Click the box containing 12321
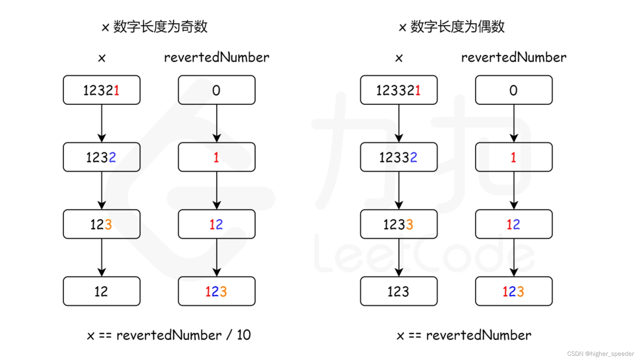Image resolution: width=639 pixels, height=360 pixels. pyautogui.click(x=102, y=90)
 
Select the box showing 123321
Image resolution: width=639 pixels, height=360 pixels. pyautogui.click(x=399, y=90)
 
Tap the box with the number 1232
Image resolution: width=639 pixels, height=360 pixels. pyautogui.click(x=102, y=157)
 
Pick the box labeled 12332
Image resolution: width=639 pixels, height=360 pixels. pyautogui.click(x=399, y=157)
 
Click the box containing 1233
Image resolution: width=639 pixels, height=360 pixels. pyautogui.click(x=399, y=224)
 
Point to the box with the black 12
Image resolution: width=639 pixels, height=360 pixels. pyautogui.click(x=102, y=291)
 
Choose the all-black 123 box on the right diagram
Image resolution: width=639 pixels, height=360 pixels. pyautogui.click(x=399, y=291)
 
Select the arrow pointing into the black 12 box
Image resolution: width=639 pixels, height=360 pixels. pyautogui.click(x=102, y=258)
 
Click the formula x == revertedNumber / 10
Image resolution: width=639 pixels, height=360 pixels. pyautogui.click(x=169, y=335)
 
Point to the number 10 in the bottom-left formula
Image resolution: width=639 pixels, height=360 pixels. pyautogui.click(x=244, y=335)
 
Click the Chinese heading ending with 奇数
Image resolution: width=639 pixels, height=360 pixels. pyautogui.click(x=154, y=26)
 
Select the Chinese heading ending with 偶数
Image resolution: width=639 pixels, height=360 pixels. pyautogui.click(x=451, y=26)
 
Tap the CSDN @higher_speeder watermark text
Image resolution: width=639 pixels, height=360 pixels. pyautogui.click(x=600, y=354)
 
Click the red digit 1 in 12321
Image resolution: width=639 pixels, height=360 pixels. pyautogui.click(x=116, y=90)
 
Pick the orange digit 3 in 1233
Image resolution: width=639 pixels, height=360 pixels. pyautogui.click(x=410, y=224)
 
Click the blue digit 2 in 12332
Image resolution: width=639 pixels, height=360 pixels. pyautogui.click(x=414, y=157)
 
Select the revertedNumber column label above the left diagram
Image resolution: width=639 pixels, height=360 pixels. pyautogui.click(x=217, y=57)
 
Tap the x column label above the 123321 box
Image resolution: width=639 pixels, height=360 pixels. pyautogui.click(x=399, y=58)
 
